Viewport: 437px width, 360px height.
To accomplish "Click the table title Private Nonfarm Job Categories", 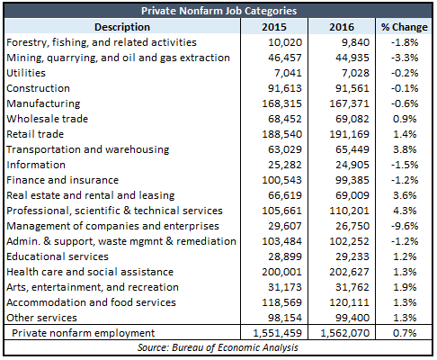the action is tap(218, 11).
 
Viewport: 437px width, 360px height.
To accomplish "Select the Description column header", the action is tap(122, 27).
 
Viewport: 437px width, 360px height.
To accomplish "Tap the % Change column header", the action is tap(404, 27).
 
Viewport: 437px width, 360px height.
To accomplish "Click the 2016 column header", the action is tap(342, 27).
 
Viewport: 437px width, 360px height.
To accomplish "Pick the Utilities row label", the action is tap(26, 73).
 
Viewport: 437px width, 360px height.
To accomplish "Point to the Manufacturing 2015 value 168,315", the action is tap(281, 103).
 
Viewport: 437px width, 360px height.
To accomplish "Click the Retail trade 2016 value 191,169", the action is tap(349, 134).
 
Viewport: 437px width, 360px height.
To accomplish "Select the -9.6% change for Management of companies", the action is tap(405, 226).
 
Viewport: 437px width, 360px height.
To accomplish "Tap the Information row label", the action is tap(36, 165).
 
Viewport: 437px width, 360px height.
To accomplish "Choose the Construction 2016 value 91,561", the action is tap(352, 88).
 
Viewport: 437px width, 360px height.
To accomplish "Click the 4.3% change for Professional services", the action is tap(405, 211).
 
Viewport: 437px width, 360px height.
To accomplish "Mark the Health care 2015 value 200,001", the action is tap(281, 272).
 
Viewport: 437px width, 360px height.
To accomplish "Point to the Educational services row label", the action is tap(58, 256).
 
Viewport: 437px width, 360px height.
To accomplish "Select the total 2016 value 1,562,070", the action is tap(345, 333).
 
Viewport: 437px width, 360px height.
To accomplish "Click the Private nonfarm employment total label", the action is tap(84, 333).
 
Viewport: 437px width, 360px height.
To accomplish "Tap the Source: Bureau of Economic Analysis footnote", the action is tap(218, 347).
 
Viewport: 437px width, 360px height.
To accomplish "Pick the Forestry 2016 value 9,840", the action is tap(355, 42).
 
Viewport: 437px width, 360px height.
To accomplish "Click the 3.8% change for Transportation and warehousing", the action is tap(405, 149).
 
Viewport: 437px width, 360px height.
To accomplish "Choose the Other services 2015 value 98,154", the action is tap(285, 318).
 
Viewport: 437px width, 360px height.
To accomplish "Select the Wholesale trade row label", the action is tap(48, 119).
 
